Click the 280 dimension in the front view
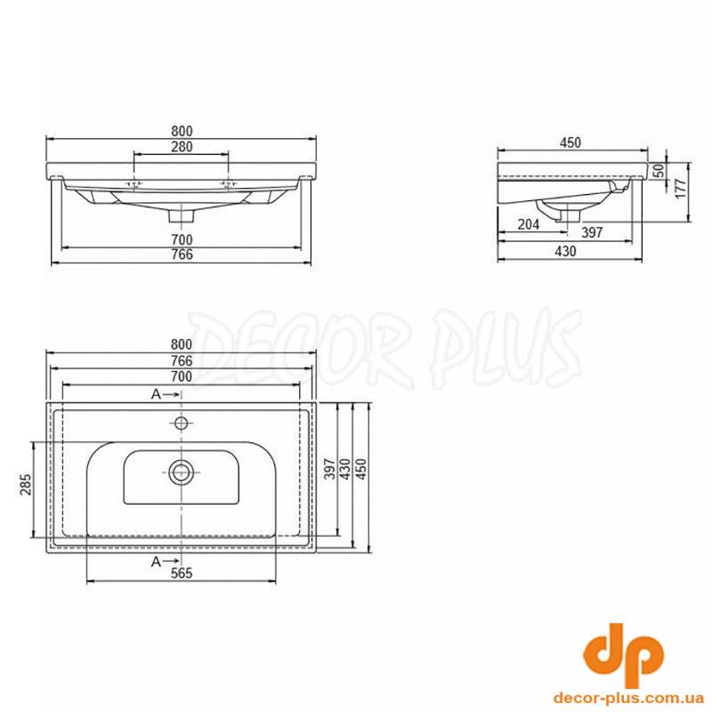coord(182,147)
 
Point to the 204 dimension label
coord(529,224)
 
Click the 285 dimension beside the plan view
coord(26,484)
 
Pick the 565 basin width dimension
coord(182,573)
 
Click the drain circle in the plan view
coord(182,473)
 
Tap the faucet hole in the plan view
coord(182,424)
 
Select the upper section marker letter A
coord(156,394)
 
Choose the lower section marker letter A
coord(156,562)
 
